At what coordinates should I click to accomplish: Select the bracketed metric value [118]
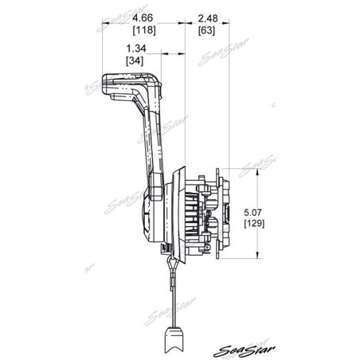[x=144, y=31]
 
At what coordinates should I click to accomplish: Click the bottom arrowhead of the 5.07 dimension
[x=256, y=258]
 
